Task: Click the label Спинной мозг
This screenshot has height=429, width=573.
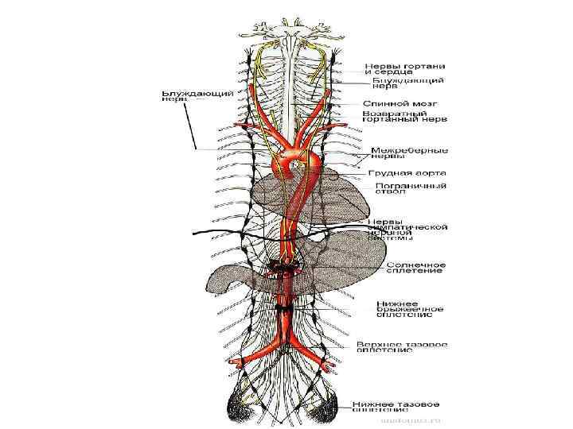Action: coord(397,103)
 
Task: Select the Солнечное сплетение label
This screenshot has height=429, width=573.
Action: coord(415,268)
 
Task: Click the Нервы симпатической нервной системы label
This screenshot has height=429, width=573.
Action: coord(407,228)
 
